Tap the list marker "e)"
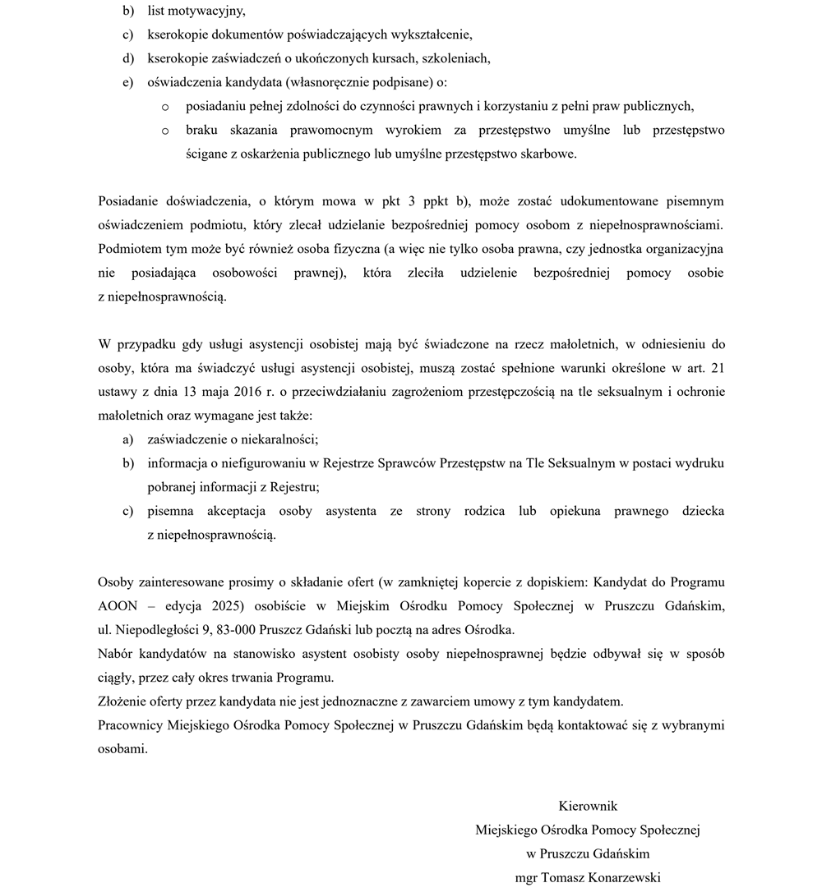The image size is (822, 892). pyautogui.click(x=127, y=83)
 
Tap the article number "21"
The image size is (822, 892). pyautogui.click(x=717, y=368)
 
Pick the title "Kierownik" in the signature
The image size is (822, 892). pyautogui.click(x=588, y=806)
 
